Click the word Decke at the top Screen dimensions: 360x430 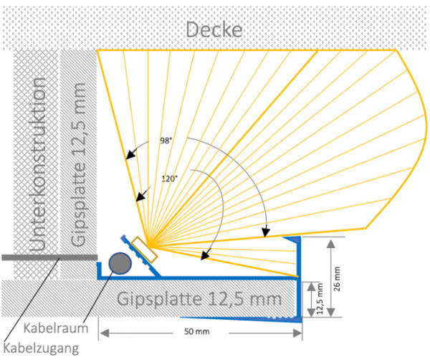[215, 30]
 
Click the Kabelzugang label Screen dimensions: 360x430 [43, 349]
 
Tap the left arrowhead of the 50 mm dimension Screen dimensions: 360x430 [102, 332]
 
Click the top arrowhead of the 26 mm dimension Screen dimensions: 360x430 [330, 242]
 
